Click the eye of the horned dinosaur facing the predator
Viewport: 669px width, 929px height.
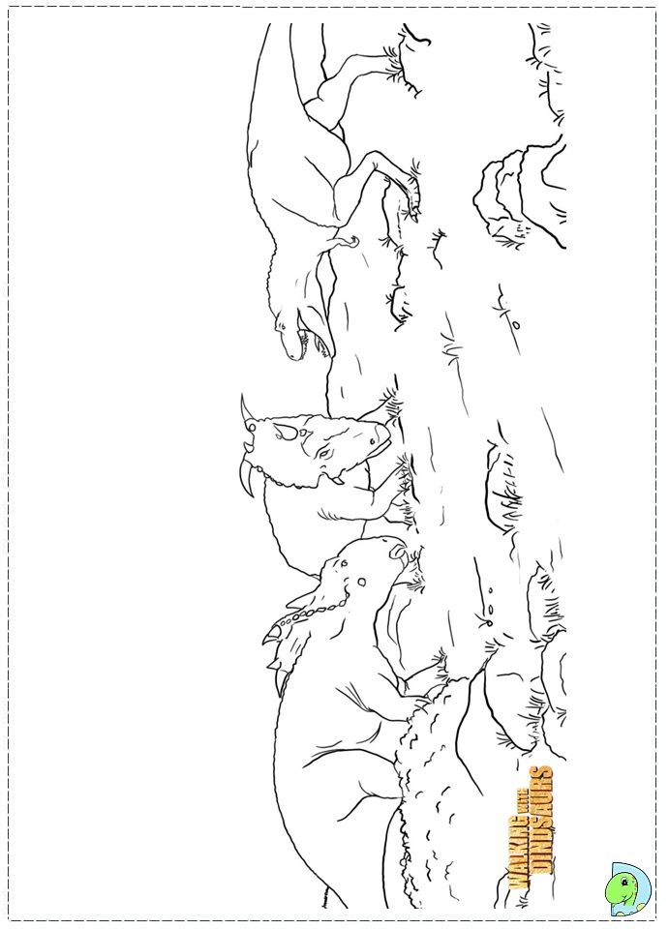tap(323, 453)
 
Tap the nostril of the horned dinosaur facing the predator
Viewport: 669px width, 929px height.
tap(374, 441)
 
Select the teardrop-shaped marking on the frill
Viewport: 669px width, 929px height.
tap(288, 433)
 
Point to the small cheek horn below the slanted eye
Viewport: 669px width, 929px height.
tap(336, 474)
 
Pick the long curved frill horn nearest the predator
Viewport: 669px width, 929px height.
tap(245, 407)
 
